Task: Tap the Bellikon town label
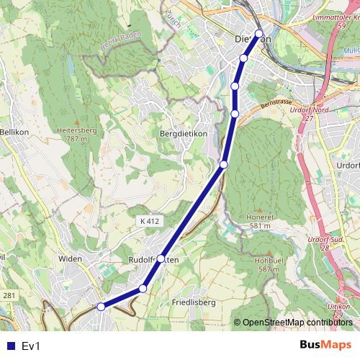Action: point(14,132)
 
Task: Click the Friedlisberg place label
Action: point(194,302)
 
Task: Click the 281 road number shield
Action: point(9,296)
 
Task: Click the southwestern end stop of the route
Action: point(101,307)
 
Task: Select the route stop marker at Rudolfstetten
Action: point(161,258)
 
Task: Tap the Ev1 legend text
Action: point(31,346)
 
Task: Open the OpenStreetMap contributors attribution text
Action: point(297,323)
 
